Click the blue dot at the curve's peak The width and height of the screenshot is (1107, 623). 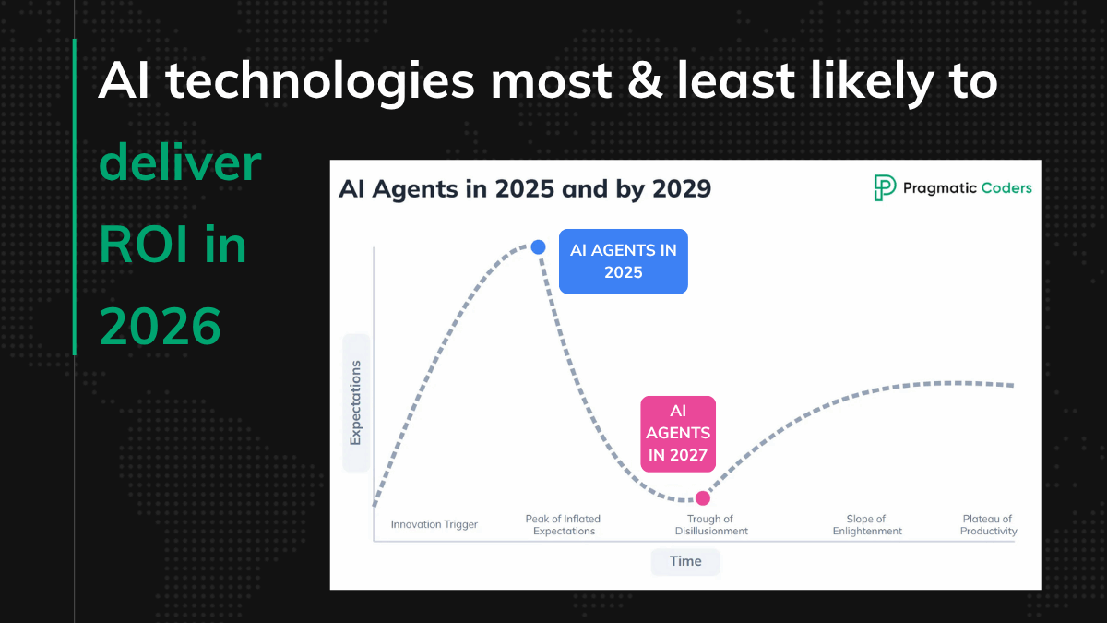click(539, 246)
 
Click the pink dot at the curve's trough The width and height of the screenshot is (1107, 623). click(703, 497)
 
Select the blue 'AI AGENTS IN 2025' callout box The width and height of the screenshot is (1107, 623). click(623, 261)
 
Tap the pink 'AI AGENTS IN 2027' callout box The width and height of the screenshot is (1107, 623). click(678, 433)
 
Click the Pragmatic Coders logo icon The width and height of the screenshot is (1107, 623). click(885, 187)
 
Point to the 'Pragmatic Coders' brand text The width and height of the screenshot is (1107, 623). click(968, 188)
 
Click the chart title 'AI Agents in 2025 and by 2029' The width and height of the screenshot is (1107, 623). click(525, 189)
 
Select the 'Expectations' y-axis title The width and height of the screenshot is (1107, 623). click(355, 402)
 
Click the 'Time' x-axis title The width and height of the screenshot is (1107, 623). click(685, 561)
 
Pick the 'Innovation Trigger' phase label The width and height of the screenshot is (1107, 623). click(434, 524)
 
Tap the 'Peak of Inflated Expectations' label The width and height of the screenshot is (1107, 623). click(564, 525)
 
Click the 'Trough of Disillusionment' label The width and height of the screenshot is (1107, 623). click(711, 525)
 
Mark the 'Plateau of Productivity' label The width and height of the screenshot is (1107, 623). click(988, 525)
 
